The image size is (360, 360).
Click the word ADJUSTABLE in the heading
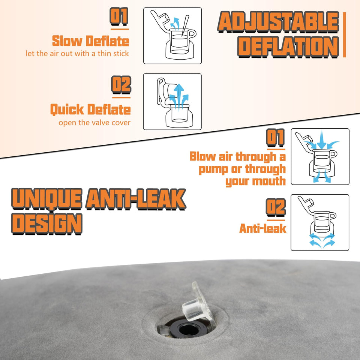click(x=278, y=22)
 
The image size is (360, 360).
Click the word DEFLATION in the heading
click(x=288, y=46)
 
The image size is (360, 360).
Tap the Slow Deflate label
click(x=90, y=41)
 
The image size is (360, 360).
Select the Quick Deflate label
click(x=90, y=109)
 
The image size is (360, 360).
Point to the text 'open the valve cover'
click(x=94, y=123)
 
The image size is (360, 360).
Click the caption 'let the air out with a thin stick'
click(x=77, y=54)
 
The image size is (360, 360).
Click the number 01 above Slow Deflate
click(x=119, y=16)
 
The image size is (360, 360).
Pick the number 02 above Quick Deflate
click(x=121, y=85)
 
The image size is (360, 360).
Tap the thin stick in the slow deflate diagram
click(x=185, y=26)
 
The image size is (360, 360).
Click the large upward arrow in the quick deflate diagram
click(x=180, y=96)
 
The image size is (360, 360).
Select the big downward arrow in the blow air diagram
click(x=321, y=140)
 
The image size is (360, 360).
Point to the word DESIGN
click(x=47, y=223)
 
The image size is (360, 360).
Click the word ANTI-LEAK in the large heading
click(x=136, y=199)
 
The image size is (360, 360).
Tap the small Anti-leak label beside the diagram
click(x=262, y=228)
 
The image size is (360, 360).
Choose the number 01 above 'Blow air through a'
click(x=275, y=138)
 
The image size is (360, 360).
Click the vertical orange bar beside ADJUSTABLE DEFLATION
click(x=344, y=34)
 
